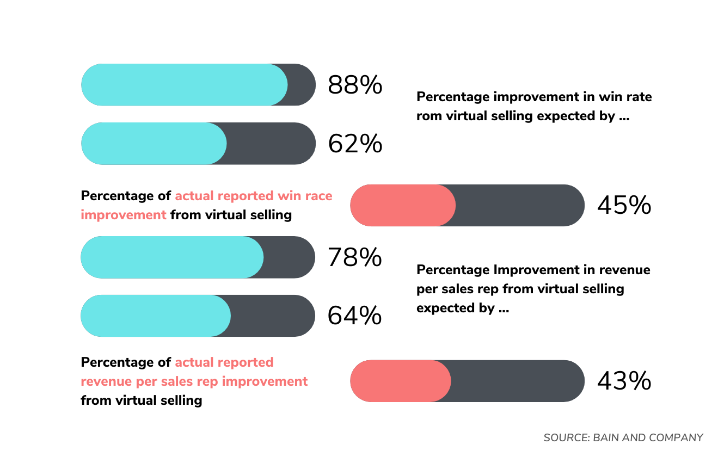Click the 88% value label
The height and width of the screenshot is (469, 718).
355,85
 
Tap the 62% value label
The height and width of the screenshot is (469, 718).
355,144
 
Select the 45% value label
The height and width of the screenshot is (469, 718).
624,206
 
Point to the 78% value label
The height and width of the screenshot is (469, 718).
354,257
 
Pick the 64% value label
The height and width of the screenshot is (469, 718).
354,316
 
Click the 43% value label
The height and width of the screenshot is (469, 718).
624,381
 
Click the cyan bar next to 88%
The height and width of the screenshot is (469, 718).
184,85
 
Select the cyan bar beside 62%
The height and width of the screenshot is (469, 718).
154,144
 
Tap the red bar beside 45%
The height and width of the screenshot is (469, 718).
402,206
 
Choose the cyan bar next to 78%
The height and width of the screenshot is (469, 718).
172,257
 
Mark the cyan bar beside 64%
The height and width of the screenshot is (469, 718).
156,316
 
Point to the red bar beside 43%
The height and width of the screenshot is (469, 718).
400,381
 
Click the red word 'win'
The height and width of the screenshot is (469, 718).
287,196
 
